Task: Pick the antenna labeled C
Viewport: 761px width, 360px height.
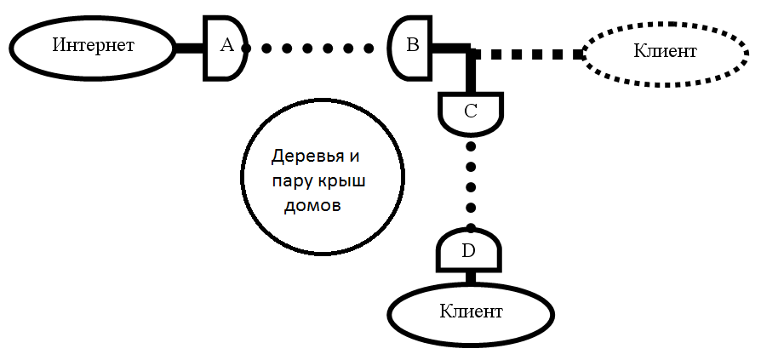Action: click(471, 112)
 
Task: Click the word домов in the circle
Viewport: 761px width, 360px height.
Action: click(312, 207)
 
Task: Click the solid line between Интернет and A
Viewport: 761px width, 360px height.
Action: click(188, 48)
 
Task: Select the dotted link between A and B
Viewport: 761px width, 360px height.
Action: click(314, 49)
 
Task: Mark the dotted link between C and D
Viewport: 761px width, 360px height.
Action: click(471, 184)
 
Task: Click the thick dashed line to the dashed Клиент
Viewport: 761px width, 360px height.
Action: click(528, 54)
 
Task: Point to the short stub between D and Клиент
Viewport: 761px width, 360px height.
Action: click(469, 276)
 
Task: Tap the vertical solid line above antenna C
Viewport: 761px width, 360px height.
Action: click(471, 72)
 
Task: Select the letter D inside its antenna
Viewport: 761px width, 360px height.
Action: click(468, 251)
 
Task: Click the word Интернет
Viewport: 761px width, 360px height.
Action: click(93, 45)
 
